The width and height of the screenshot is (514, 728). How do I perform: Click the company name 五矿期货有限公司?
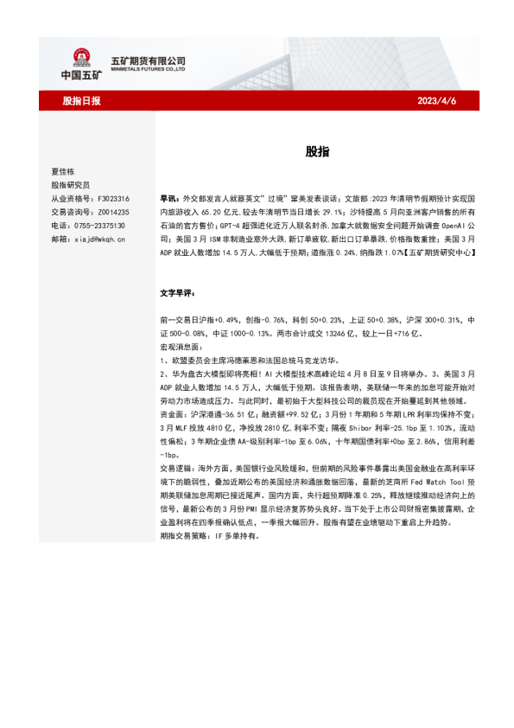coord(149,61)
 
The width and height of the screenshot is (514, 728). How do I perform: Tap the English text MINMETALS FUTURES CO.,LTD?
coord(149,69)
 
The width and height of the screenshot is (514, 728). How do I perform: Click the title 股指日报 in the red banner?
coord(81,101)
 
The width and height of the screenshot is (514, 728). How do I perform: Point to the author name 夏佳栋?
coord(64,171)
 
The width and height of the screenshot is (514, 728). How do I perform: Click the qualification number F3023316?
coord(111,198)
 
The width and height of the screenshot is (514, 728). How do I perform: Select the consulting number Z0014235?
coord(111,212)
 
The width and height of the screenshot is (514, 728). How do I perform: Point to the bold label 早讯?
coord(168,198)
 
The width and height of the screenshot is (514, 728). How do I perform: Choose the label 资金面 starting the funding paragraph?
coord(171,414)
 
